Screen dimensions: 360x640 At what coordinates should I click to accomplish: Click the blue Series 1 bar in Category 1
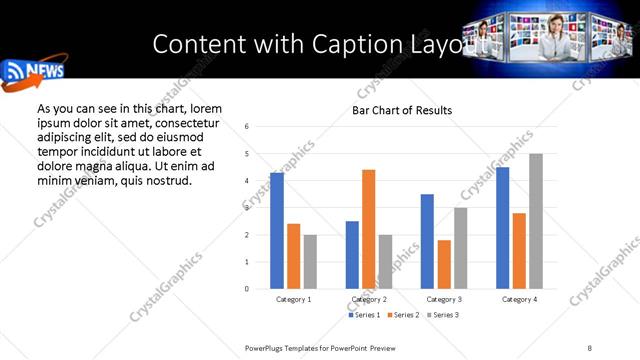[x=277, y=231]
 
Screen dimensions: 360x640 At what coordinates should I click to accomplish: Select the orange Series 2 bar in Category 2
[x=368, y=229]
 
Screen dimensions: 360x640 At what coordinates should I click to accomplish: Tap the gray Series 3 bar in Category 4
[x=536, y=221]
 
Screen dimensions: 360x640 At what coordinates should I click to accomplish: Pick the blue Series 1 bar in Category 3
[x=427, y=241]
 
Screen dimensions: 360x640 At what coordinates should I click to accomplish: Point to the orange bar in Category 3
[x=444, y=264]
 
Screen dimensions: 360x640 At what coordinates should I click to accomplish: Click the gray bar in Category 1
[x=310, y=262]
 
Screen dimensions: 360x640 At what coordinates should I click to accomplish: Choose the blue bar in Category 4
[x=503, y=228]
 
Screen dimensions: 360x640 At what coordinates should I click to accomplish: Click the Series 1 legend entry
[x=365, y=315]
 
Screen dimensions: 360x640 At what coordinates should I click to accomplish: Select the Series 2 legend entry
[x=401, y=315]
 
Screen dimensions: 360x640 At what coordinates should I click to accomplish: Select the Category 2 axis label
[x=369, y=299]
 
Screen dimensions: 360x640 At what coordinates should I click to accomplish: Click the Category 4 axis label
[x=519, y=299]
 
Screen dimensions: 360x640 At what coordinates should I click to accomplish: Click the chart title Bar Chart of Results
[x=402, y=110]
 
